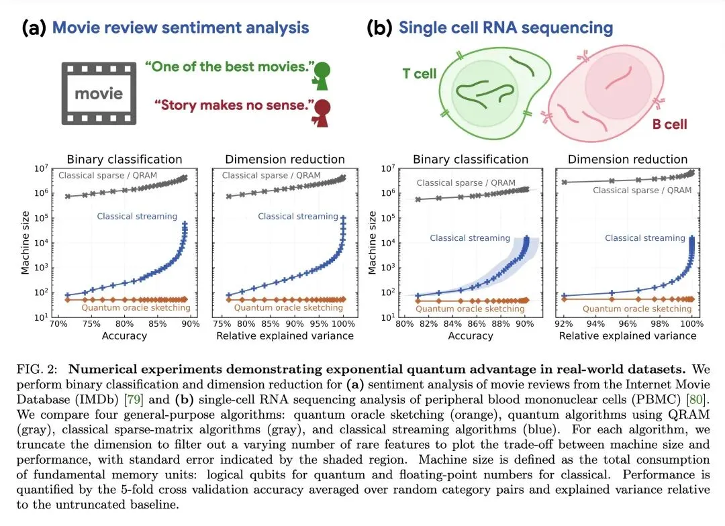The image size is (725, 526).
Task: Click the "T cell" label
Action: click(x=420, y=73)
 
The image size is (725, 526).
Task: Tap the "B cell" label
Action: click(x=670, y=123)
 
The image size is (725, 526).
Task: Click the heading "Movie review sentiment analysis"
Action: click(x=181, y=28)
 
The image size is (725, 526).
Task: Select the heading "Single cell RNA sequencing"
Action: click(x=505, y=28)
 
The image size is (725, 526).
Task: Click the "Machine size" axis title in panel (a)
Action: click(x=26, y=241)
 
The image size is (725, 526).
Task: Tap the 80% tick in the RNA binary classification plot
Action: click(x=404, y=324)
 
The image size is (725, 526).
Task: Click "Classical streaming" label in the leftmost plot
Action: click(x=137, y=216)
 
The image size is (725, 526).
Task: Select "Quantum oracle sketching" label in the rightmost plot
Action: click(x=637, y=309)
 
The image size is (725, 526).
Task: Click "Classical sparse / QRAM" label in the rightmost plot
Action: click(x=642, y=191)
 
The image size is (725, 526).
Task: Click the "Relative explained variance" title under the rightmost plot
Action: click(x=627, y=335)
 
